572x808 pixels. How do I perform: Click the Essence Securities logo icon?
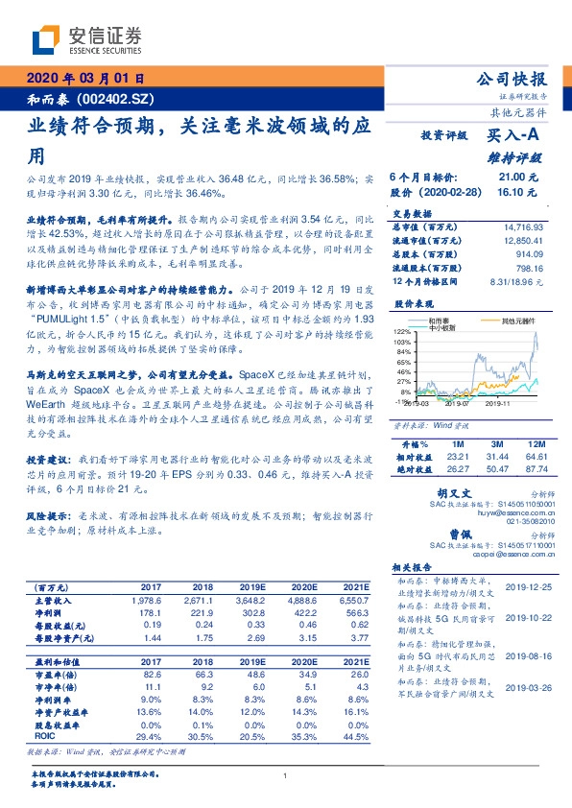tap(45, 41)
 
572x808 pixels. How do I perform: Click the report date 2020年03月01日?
tap(84, 79)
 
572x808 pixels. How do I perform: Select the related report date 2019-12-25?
tap(524, 583)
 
